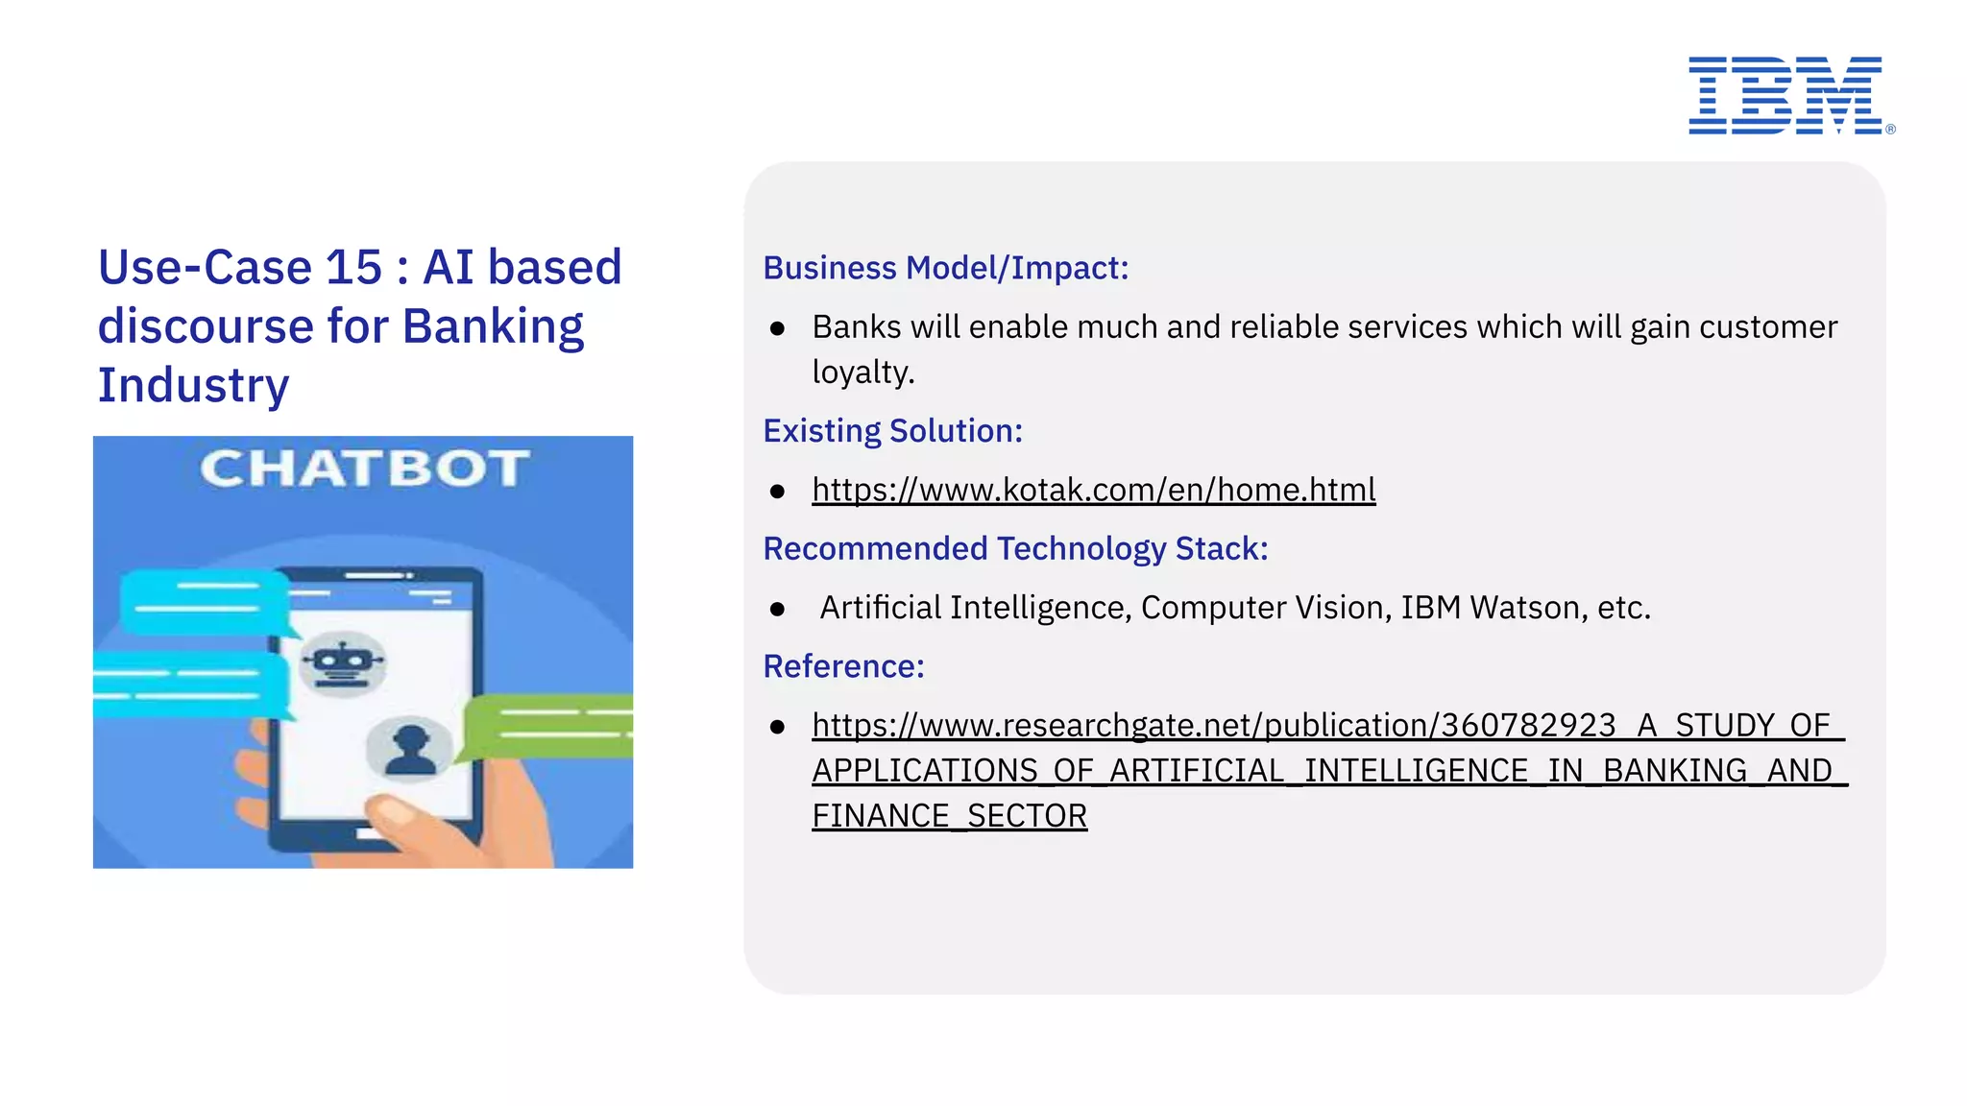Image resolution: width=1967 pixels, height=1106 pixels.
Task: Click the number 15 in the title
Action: [x=353, y=267]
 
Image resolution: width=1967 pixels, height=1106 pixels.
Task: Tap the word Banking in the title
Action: [x=493, y=326]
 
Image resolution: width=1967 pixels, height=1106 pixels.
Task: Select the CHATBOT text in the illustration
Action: [x=364, y=469]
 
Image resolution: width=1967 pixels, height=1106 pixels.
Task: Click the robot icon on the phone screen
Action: [x=342, y=661]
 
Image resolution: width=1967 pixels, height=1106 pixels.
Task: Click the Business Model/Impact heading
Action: [x=945, y=268]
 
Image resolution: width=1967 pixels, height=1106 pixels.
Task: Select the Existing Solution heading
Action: [x=892, y=431]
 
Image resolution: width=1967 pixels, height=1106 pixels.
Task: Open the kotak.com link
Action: [x=1093, y=490]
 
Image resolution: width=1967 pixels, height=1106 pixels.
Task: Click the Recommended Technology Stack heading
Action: [x=1015, y=548]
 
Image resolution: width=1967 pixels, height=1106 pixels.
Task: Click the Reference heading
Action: [x=843, y=666]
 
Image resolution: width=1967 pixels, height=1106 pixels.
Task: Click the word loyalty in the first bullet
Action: [x=862, y=373]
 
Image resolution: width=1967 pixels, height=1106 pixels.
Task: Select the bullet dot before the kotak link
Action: [x=777, y=492]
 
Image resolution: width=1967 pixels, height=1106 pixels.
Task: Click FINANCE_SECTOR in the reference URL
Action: [x=949, y=816]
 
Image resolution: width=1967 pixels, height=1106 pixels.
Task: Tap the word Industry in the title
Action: [x=193, y=386]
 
